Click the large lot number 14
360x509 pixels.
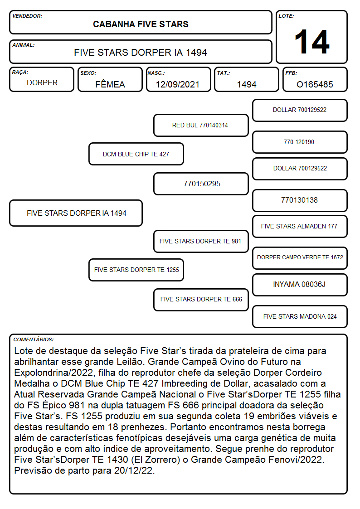tap(312, 42)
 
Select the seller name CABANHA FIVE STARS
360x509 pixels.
tap(141, 24)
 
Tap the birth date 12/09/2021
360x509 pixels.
tap(178, 84)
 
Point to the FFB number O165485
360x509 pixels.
tap(315, 84)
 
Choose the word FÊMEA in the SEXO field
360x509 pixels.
tap(110, 84)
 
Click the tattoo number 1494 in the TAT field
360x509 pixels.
tap(247, 84)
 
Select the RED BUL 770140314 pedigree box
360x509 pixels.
tap(201, 125)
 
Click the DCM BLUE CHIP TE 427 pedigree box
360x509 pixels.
tap(136, 154)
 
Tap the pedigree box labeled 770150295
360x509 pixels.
tap(201, 184)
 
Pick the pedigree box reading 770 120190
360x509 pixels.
tap(300, 142)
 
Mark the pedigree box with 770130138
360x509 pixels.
tap(300, 200)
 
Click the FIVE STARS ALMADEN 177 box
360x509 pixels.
tap(300, 226)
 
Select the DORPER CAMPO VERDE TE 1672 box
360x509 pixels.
tap(300, 258)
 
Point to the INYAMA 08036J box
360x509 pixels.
tap(300, 285)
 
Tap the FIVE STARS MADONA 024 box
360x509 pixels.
tap(300, 316)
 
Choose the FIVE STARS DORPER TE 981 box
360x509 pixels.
tap(201, 241)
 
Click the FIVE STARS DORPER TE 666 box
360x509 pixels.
tap(201, 300)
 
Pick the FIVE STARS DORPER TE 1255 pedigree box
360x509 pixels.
tap(136, 270)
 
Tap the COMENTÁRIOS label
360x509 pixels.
tap(34, 339)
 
